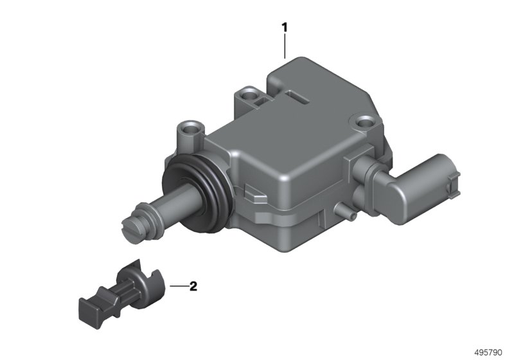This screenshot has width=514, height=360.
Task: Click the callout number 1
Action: click(285, 28)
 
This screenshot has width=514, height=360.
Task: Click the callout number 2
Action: click(193, 286)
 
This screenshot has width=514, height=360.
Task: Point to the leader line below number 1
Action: click(285, 46)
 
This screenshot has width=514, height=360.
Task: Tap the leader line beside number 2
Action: click(179, 286)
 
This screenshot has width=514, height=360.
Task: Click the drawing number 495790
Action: click(488, 352)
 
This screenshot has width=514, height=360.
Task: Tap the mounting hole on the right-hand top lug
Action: click(364, 122)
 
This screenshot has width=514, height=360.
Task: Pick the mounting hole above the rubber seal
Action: click(190, 129)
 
